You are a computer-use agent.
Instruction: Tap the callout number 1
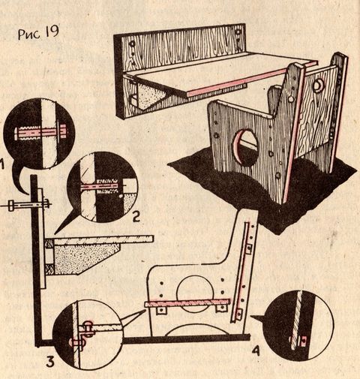(2, 165)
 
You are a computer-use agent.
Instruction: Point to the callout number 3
(50, 362)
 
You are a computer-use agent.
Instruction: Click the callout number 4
(255, 350)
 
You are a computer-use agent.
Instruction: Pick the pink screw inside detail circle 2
(100, 187)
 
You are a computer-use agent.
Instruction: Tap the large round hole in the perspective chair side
(245, 145)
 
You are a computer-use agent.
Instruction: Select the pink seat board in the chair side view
(187, 302)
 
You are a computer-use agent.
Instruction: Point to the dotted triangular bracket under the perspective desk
(151, 96)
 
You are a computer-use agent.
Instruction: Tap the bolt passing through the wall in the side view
(28, 205)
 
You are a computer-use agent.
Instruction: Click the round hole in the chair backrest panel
(318, 86)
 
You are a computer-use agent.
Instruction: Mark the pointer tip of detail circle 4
(251, 317)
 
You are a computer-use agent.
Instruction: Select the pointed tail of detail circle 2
(55, 234)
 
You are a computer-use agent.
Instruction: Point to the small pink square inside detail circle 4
(304, 341)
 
